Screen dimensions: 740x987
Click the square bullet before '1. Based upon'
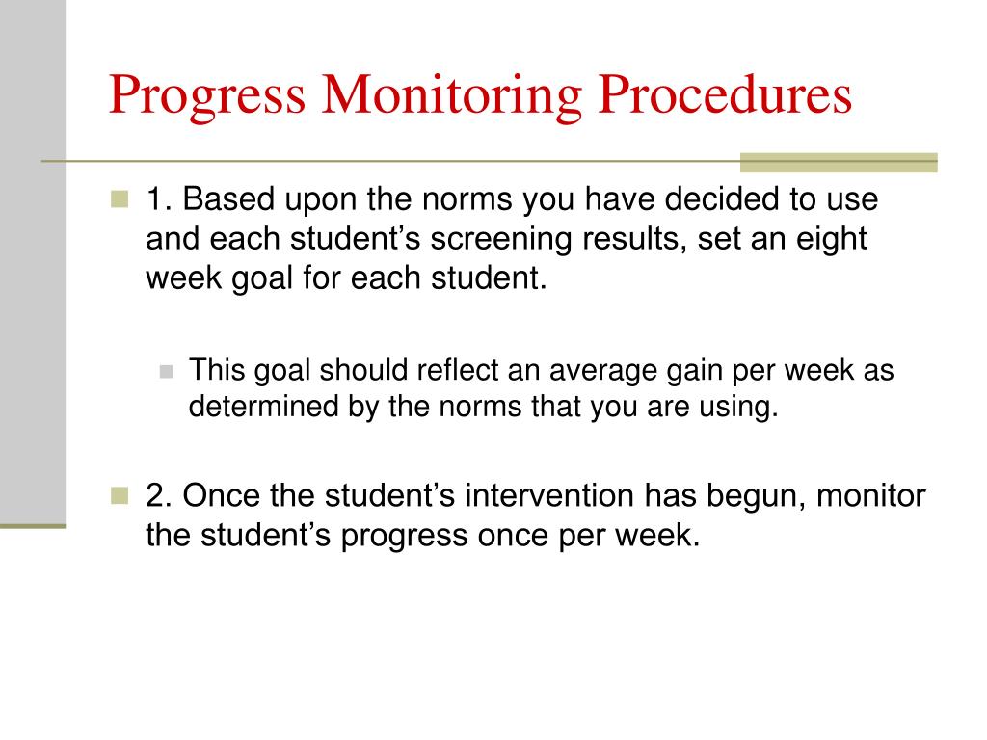point(120,200)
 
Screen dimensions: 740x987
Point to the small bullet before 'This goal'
point(166,371)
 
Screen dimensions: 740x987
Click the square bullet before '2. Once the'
point(120,496)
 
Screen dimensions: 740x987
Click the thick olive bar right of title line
point(838,162)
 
